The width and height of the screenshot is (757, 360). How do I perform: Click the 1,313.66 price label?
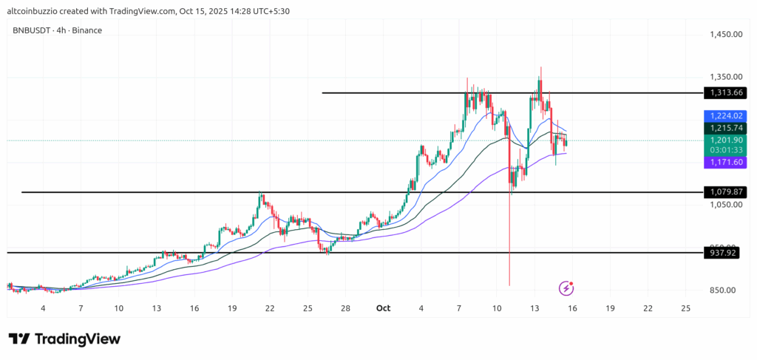pyautogui.click(x=724, y=93)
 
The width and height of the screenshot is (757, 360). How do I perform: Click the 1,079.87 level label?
pyautogui.click(x=724, y=192)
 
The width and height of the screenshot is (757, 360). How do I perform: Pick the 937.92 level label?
pyautogui.click(x=724, y=253)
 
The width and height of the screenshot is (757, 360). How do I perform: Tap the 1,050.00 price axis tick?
pyautogui.click(x=724, y=204)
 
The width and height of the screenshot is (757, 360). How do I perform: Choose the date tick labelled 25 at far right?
pyautogui.click(x=685, y=308)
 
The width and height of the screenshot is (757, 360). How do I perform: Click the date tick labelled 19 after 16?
pyautogui.click(x=609, y=308)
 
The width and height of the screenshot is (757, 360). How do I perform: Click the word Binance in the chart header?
pyautogui.click(x=88, y=30)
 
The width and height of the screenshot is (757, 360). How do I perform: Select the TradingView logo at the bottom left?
pyautogui.click(x=64, y=339)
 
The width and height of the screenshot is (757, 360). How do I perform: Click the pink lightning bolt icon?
pyautogui.click(x=566, y=288)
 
